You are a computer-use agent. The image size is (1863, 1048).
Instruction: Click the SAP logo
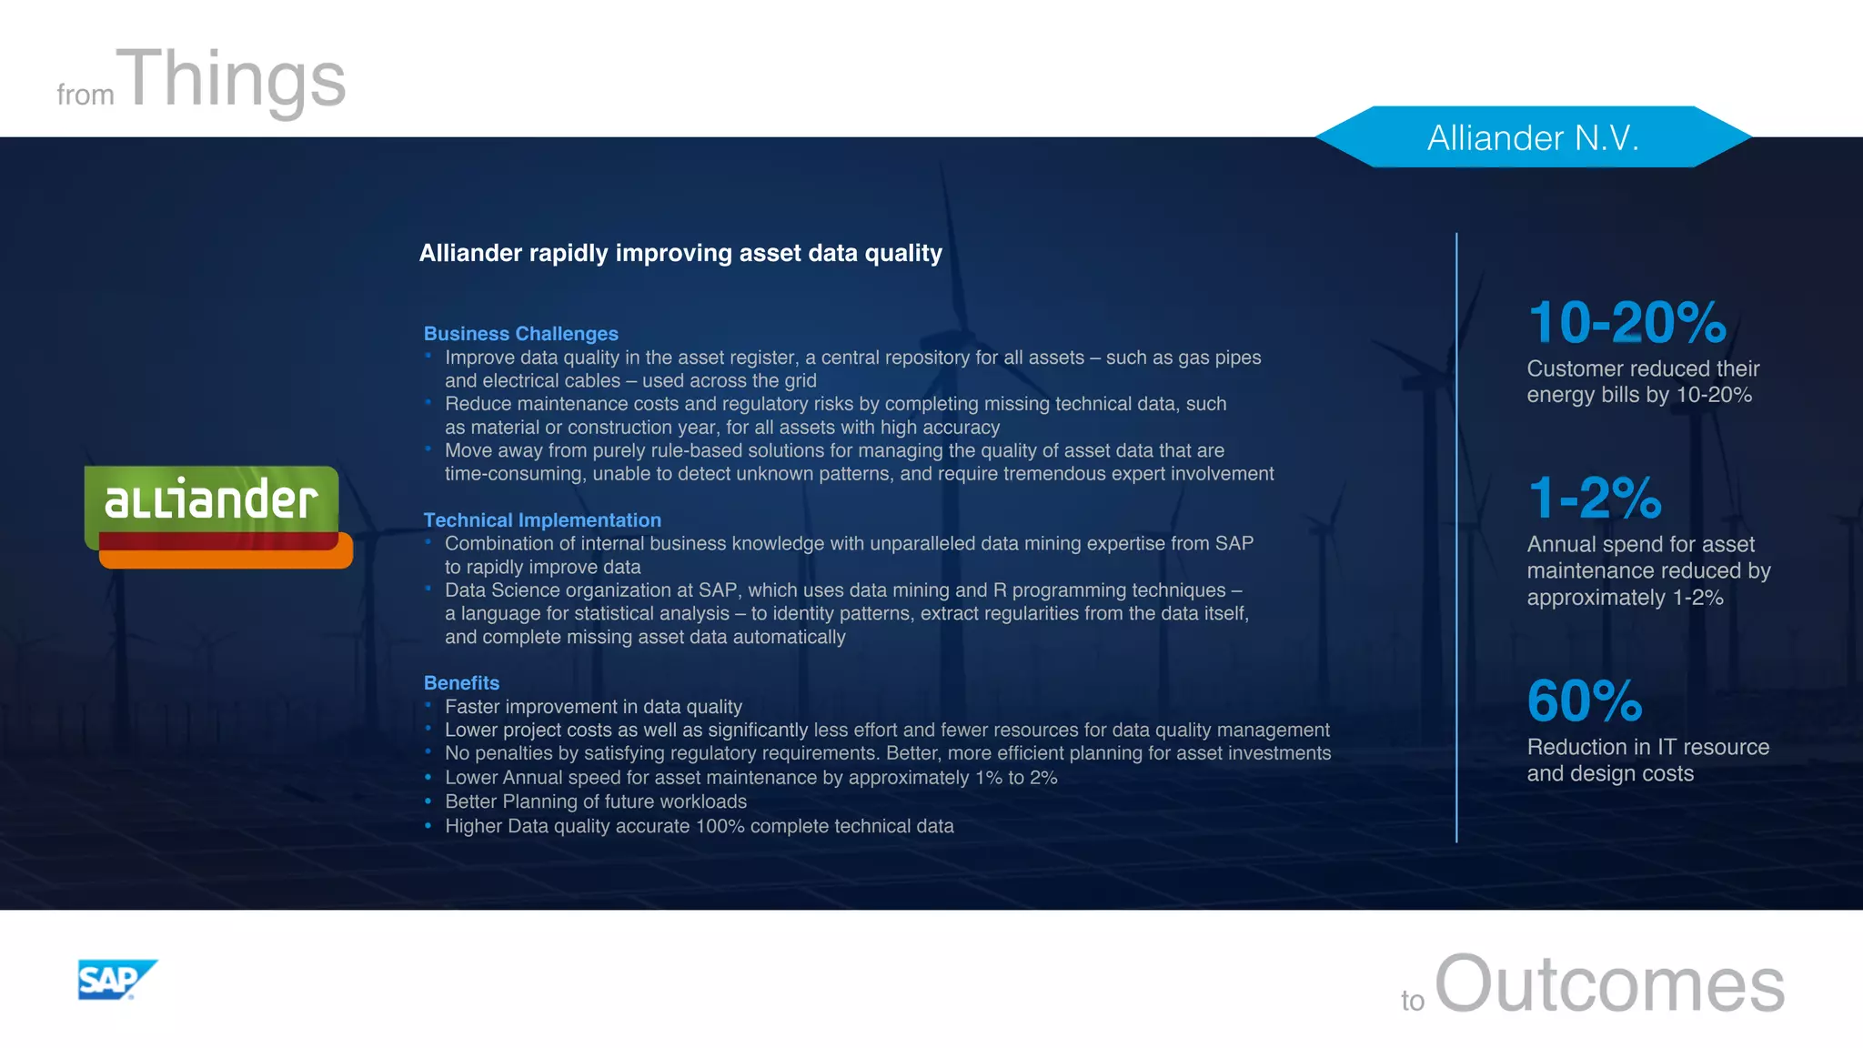pyautogui.click(x=116, y=980)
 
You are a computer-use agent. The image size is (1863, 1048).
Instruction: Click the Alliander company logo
pyautogui.click(x=217, y=515)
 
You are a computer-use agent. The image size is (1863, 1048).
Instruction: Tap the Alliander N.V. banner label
pyautogui.click(x=1533, y=137)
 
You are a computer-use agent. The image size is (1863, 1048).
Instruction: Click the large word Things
pyautogui.click(x=235, y=80)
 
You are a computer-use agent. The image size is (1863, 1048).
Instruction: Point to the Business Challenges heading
pyautogui.click(x=520, y=334)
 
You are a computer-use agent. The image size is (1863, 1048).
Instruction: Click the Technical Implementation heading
pyautogui.click(x=542, y=520)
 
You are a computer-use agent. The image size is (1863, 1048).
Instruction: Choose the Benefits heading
pyautogui.click(x=461, y=683)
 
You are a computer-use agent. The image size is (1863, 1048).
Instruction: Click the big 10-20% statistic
pyautogui.click(x=1626, y=322)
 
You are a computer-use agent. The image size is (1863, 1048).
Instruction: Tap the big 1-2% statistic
pyautogui.click(x=1595, y=498)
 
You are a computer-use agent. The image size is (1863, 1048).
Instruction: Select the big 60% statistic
pyautogui.click(x=1585, y=700)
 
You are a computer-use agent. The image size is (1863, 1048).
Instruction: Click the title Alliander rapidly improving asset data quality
pyautogui.click(x=680, y=253)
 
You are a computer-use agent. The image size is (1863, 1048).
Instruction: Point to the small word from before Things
pyautogui.click(x=86, y=95)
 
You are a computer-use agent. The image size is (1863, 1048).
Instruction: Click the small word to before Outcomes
pyautogui.click(x=1412, y=1001)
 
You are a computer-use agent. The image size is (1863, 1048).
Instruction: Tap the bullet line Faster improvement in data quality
pyautogui.click(x=593, y=707)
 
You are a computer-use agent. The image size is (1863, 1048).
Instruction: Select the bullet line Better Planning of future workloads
pyautogui.click(x=595, y=801)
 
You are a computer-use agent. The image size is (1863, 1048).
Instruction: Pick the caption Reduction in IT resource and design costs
pyautogui.click(x=1647, y=760)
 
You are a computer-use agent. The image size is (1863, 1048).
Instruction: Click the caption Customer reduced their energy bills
pyautogui.click(x=1642, y=381)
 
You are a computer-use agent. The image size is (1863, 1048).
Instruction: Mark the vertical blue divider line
pyautogui.click(x=1456, y=537)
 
